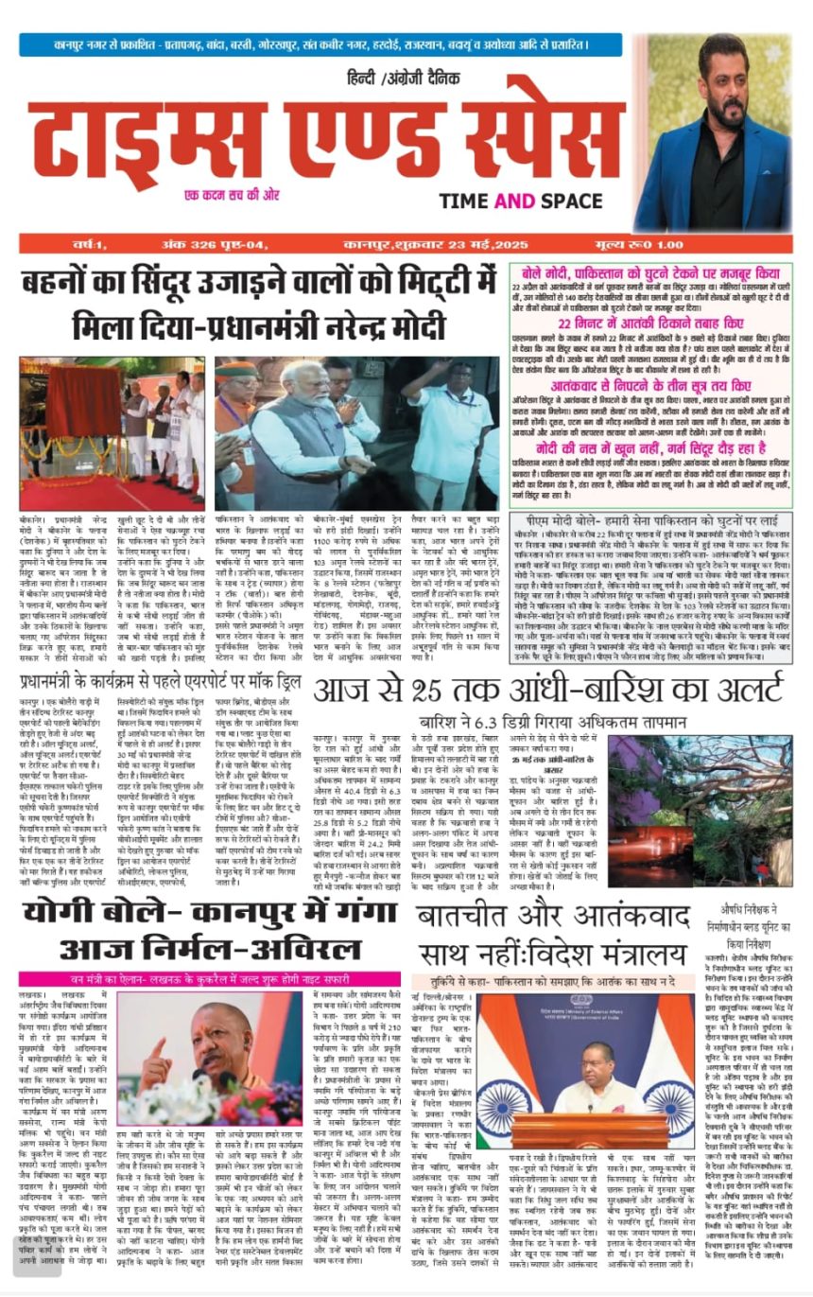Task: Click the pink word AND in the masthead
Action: coord(515,201)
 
